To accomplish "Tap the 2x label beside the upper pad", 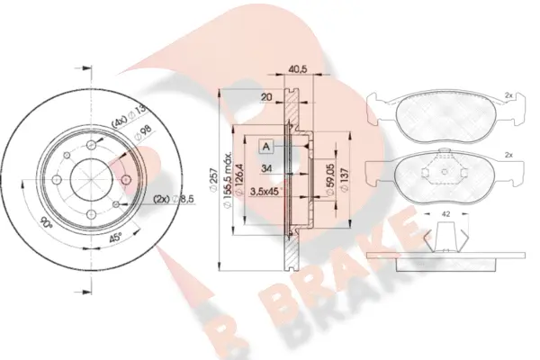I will pos(509,94).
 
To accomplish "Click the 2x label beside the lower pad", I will pos(509,157).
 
